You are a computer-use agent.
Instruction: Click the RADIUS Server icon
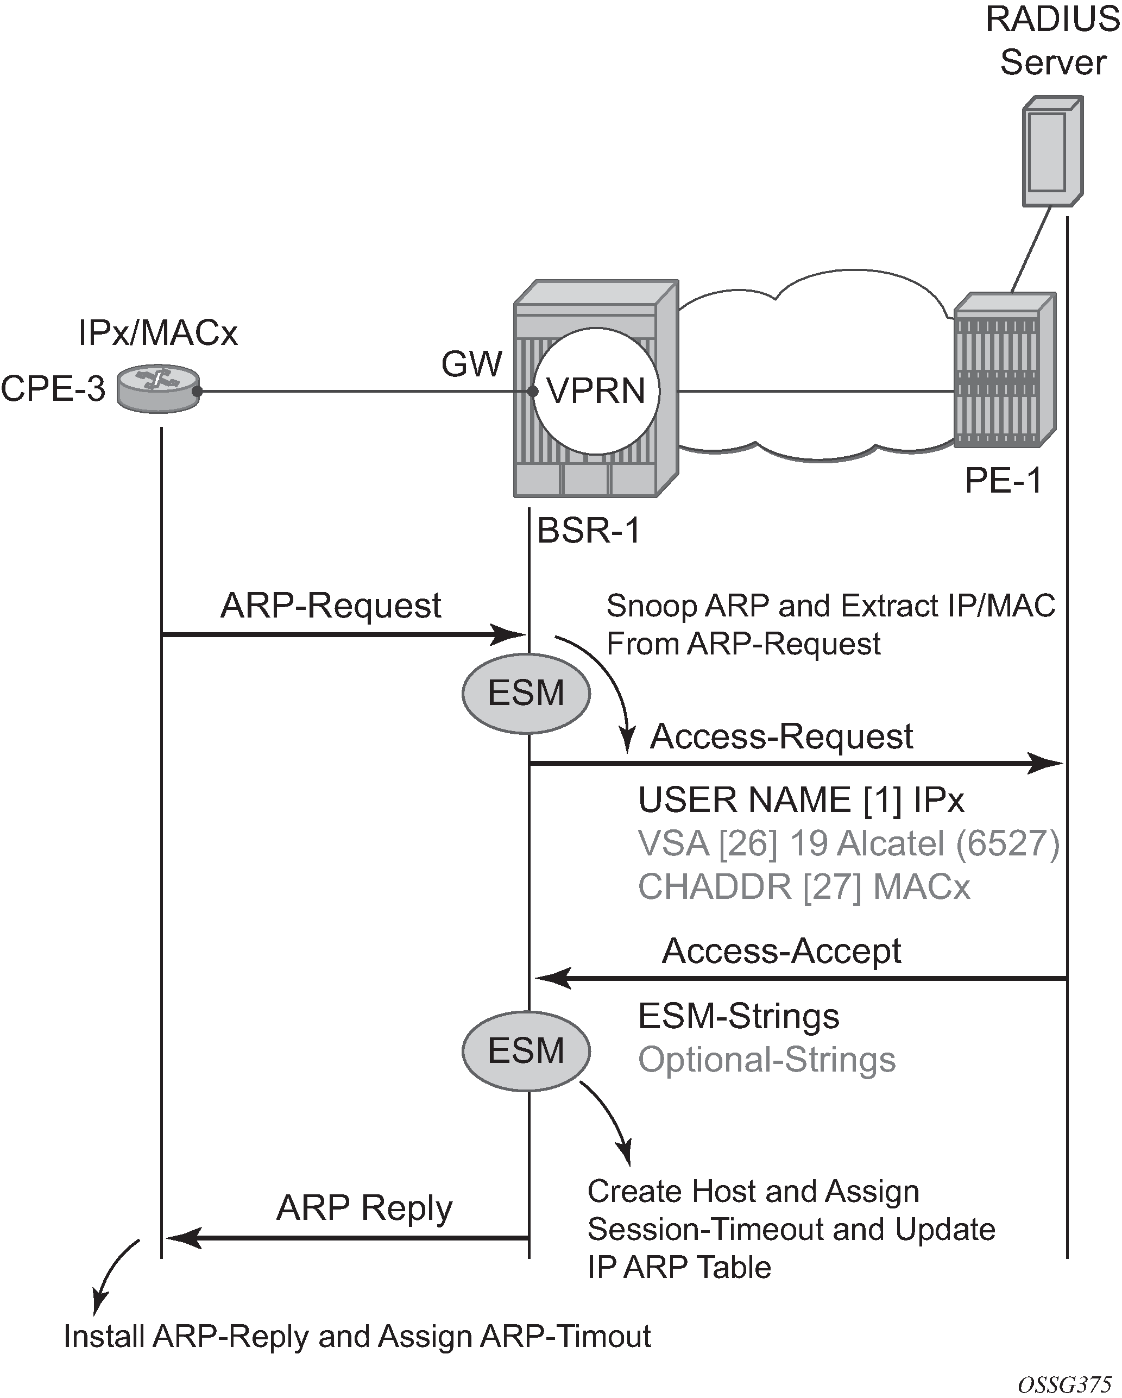point(1052,151)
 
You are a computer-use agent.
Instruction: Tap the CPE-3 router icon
point(158,388)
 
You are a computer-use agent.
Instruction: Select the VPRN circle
point(596,391)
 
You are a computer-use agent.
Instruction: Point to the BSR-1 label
point(589,531)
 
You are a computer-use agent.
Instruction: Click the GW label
point(471,364)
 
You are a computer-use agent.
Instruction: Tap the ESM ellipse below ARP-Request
point(526,692)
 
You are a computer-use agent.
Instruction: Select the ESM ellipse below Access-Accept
point(526,1050)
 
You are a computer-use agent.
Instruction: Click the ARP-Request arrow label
point(331,606)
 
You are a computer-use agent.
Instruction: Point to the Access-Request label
point(781,736)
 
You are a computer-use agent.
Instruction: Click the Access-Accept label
point(781,951)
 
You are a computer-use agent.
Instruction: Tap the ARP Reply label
point(364,1207)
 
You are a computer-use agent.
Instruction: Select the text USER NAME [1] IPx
point(801,799)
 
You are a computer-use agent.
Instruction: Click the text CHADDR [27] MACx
point(804,886)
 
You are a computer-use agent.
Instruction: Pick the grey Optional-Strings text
point(767,1060)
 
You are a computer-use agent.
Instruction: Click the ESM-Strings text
point(739,1016)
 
